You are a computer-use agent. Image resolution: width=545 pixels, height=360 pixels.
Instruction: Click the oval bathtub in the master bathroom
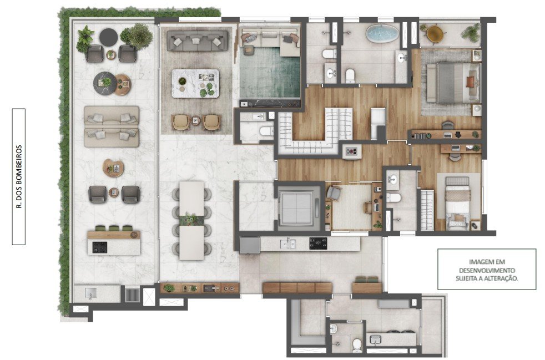382,34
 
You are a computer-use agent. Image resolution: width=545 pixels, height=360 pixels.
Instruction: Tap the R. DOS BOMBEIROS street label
19,176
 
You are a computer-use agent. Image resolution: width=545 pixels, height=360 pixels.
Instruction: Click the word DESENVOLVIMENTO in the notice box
487,270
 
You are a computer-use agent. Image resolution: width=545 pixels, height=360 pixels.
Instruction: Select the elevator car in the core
297,207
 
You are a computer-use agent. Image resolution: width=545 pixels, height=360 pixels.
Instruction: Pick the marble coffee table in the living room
195,83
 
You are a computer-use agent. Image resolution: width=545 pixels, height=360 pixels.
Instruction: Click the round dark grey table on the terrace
108,37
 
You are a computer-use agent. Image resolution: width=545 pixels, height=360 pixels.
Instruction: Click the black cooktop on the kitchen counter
318,244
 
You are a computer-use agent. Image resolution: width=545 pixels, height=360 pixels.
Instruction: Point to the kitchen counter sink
288,244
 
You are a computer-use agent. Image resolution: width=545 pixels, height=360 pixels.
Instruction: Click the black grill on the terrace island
100,247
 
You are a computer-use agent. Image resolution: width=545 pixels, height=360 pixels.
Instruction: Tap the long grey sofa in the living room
198,41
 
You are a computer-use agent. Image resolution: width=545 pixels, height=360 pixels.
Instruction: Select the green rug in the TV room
270,73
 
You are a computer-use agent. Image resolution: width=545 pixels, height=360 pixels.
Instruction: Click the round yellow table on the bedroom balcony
435,34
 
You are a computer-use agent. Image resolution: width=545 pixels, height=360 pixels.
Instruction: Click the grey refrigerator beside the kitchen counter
250,245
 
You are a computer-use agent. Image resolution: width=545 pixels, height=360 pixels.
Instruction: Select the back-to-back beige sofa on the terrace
111,126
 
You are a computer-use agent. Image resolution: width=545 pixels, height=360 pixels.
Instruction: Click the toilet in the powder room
267,131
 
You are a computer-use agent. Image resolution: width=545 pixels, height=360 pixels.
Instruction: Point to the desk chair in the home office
334,193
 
